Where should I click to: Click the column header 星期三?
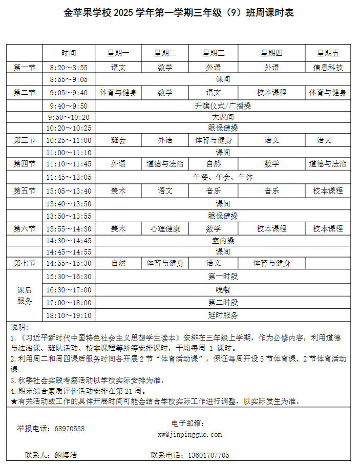tap(214, 53)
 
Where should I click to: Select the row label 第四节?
tap(25, 164)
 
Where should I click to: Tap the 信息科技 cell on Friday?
tap(328, 67)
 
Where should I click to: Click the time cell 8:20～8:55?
tap(69, 67)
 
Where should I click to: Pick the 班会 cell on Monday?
tap(118, 140)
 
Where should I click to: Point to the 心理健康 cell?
tap(165, 229)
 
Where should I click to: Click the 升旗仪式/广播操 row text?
tap(223, 106)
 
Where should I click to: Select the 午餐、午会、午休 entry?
tap(223, 177)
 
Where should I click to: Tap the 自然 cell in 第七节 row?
tap(118, 263)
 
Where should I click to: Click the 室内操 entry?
tap(223, 240)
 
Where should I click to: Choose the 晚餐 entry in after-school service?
tap(223, 289)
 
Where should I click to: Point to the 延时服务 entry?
tap(223, 315)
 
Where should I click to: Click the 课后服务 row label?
tap(25, 295)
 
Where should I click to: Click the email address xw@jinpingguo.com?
tap(190, 434)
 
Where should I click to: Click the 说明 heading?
tap(19, 327)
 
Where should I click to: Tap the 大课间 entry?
tap(223, 117)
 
